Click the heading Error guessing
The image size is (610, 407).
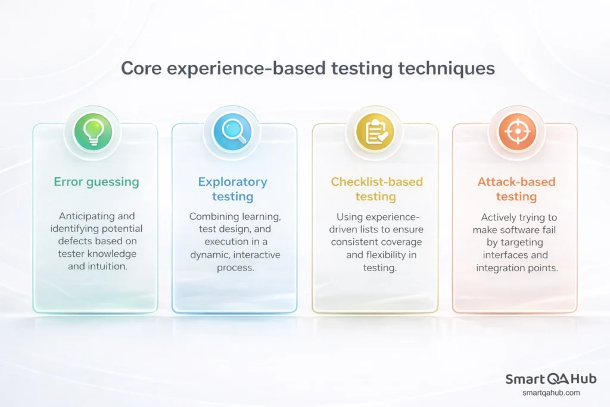[x=97, y=182]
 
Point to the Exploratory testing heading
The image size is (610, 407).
[x=233, y=189]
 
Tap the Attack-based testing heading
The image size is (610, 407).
[x=516, y=189]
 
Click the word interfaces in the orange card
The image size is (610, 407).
[x=508, y=256]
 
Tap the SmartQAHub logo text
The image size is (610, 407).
[x=551, y=380]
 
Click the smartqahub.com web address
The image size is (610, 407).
[x=551, y=393]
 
